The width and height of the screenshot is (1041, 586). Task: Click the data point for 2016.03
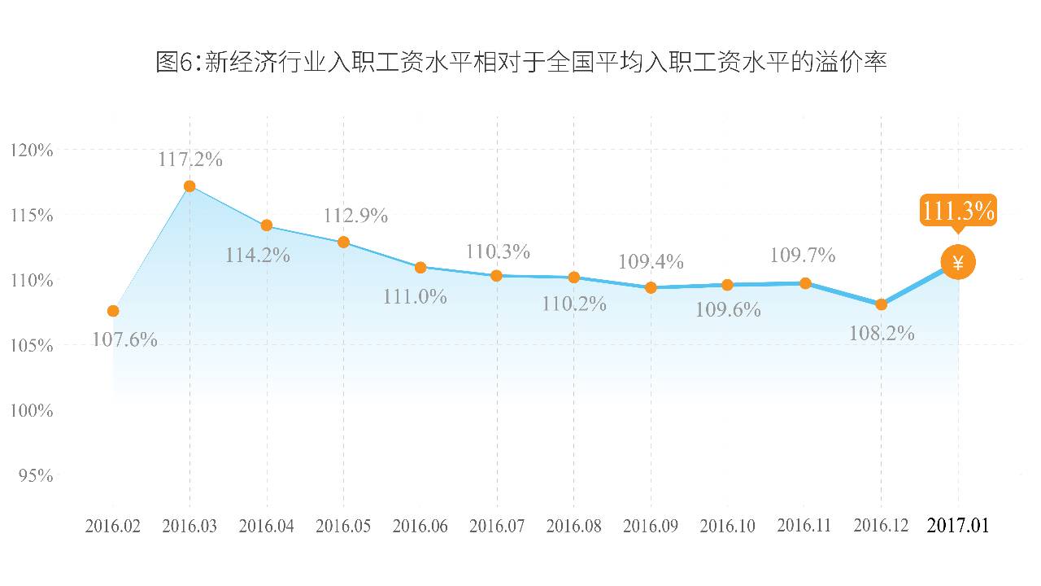[x=189, y=186]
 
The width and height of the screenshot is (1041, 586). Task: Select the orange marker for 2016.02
[x=113, y=311]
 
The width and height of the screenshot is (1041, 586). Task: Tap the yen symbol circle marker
[x=958, y=262]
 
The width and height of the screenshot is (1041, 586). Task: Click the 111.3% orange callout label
[x=958, y=212]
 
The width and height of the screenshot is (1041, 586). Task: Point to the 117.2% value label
[x=190, y=160]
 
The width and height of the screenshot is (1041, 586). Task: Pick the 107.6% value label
[x=124, y=339]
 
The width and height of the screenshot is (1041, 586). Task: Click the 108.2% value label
[x=882, y=333]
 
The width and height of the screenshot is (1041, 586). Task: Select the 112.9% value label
[x=355, y=216]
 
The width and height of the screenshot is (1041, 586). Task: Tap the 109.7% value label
[x=803, y=256]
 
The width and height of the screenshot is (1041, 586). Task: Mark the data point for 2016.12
[x=881, y=304]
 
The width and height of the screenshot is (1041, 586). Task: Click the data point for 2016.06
[x=420, y=267]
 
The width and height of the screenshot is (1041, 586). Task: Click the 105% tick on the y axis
[x=33, y=346]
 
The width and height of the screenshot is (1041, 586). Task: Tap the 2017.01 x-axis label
[x=958, y=526]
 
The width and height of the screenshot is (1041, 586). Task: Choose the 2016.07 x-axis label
[x=497, y=527]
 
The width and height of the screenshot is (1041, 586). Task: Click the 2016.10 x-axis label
[x=727, y=527]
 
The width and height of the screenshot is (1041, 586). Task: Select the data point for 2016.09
[x=651, y=287]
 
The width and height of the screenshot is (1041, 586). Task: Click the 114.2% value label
[x=258, y=255]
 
